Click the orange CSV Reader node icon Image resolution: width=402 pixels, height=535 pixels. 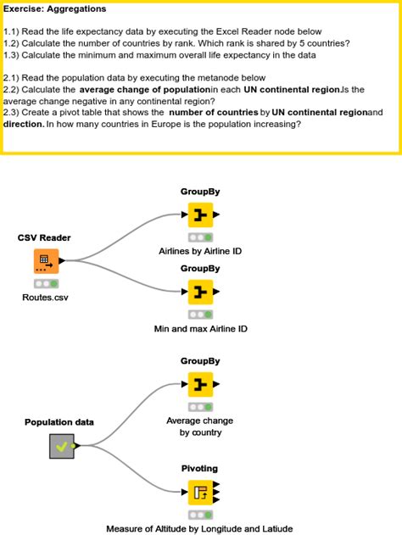coord(46,261)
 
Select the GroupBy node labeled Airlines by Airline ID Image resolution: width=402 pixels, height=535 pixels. coord(200,215)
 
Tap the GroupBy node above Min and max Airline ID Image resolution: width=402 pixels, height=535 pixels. coord(200,292)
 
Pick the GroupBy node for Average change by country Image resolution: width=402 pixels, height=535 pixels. coord(200,384)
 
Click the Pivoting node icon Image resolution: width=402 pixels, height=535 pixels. coord(200,493)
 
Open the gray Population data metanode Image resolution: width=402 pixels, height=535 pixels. coord(62,446)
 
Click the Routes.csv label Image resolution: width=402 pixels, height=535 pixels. coord(45,298)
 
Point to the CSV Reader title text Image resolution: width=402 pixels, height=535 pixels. coord(44,237)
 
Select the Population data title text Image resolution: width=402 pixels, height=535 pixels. coord(59,422)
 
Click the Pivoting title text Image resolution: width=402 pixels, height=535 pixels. coord(199,469)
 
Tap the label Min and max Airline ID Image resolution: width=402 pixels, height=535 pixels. coord(201,329)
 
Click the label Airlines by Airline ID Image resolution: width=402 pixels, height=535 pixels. coord(200,251)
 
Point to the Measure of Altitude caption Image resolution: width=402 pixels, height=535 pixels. coord(199,528)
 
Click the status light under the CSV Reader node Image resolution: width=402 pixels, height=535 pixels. coord(46,283)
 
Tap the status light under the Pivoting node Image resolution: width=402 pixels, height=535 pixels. coord(200,515)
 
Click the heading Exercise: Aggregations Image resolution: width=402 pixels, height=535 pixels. coord(54,8)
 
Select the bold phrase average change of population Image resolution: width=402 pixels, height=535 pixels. coord(145,90)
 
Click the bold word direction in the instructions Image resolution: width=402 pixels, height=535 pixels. coord(24,124)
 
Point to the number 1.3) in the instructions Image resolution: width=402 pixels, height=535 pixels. coord(11,55)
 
